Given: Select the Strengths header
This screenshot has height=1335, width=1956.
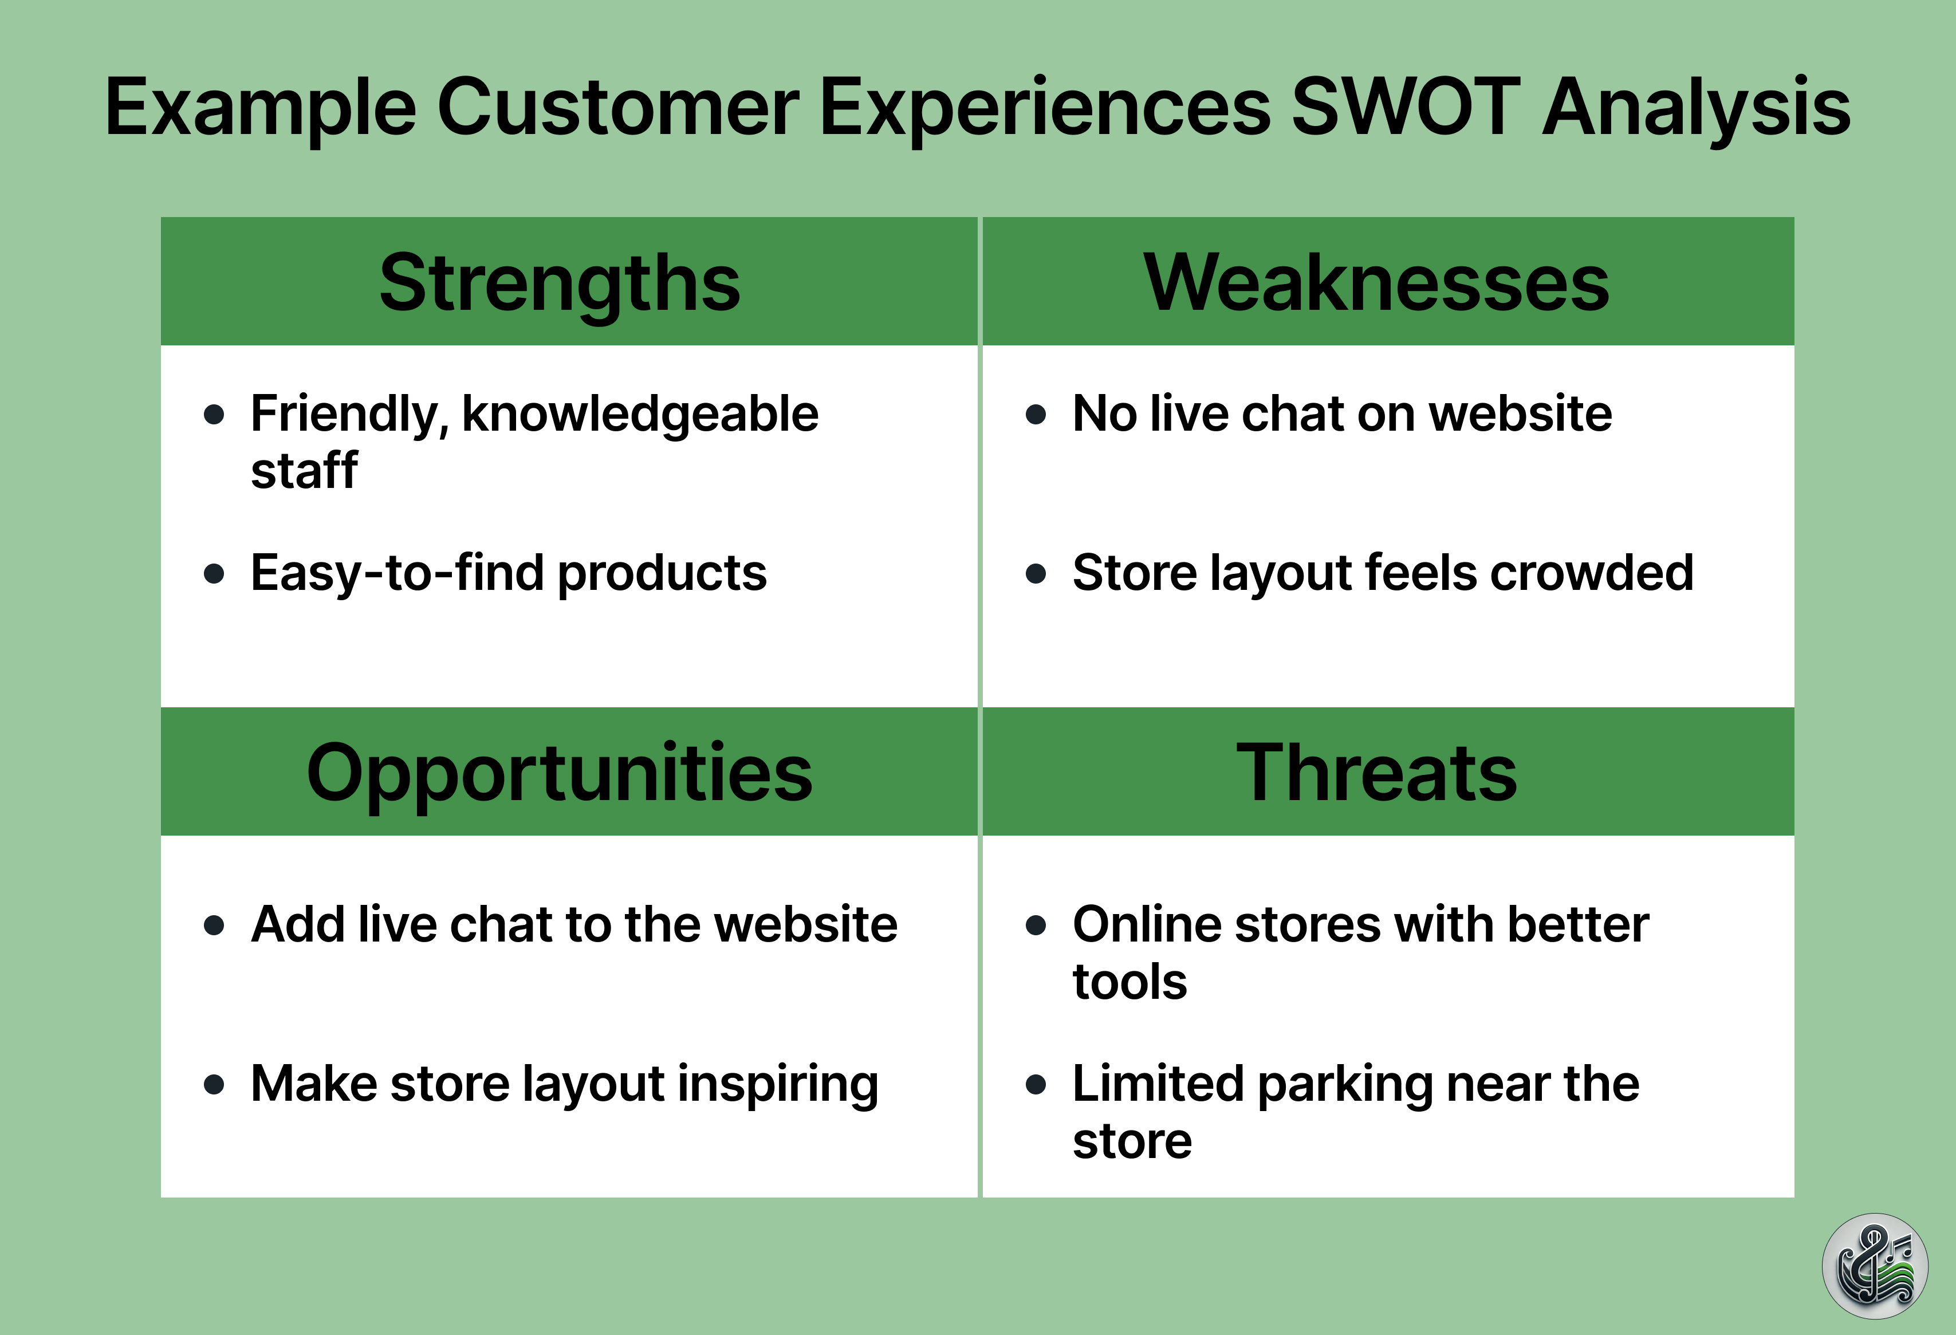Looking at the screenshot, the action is tap(560, 283).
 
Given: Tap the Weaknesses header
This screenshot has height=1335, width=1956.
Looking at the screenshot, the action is tap(1376, 283).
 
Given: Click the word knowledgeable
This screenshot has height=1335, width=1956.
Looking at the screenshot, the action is tap(640, 414).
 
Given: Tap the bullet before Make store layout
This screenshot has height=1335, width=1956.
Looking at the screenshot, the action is tap(215, 1084).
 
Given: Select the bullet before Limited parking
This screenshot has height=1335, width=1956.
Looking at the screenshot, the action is tap(1036, 1084).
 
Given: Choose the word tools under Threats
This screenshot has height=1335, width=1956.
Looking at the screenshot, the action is tap(1129, 982).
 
